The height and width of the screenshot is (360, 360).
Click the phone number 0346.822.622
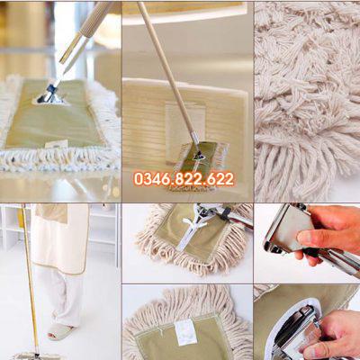click(184, 179)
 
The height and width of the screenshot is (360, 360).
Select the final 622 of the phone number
click(220, 179)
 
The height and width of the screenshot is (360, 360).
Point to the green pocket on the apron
click(51, 213)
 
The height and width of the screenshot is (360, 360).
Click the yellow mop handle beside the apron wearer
click(30, 279)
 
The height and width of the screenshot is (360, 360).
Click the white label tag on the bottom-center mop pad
click(186, 332)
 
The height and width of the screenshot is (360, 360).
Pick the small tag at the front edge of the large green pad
click(56, 144)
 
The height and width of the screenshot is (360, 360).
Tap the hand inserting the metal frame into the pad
click(333, 335)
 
